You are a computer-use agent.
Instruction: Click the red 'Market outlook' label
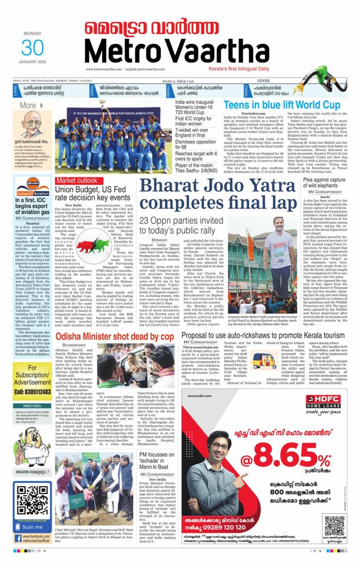pos(76,180)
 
